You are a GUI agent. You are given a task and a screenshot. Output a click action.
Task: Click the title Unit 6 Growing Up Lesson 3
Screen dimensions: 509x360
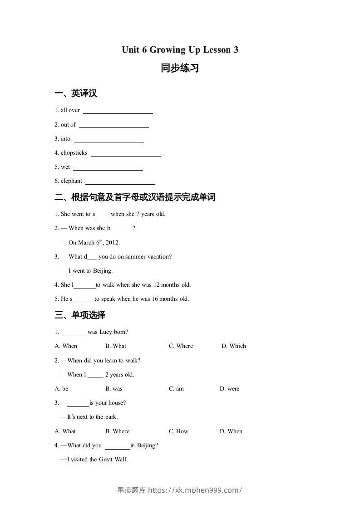pyautogui.click(x=180, y=50)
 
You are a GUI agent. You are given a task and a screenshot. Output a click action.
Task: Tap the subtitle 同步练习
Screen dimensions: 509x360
pyautogui.click(x=180, y=69)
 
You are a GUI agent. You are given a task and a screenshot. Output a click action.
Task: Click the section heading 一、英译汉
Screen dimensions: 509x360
pyautogui.click(x=76, y=93)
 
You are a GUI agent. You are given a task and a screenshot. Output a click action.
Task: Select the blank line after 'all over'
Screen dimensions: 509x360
pyautogui.click(x=118, y=111)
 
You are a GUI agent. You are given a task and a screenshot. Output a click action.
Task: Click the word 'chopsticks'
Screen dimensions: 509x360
pyautogui.click(x=74, y=153)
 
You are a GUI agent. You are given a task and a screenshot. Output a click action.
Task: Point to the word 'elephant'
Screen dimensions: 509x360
pyautogui.click(x=71, y=181)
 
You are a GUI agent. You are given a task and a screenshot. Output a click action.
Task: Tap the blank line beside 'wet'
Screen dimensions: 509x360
pyautogui.click(x=108, y=168)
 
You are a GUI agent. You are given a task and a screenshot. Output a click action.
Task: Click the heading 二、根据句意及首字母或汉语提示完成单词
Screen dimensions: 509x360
pyautogui.click(x=135, y=197)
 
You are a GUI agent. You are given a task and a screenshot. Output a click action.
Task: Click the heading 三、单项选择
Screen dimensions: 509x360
pyautogui.click(x=80, y=315)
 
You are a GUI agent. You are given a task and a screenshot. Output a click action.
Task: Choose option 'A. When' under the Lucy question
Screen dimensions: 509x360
pyautogui.click(x=66, y=346)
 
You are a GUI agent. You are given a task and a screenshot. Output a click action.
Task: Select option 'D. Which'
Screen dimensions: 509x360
pyautogui.click(x=234, y=346)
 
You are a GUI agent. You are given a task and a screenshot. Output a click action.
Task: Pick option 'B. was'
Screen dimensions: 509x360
pyautogui.click(x=114, y=389)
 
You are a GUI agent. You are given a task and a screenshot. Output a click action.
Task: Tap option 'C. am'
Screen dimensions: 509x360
pyautogui.click(x=176, y=389)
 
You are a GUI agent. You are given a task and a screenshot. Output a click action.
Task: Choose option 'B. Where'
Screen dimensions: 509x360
pyautogui.click(x=117, y=431)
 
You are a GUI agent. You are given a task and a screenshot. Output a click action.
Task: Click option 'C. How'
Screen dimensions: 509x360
pyautogui.click(x=178, y=431)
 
